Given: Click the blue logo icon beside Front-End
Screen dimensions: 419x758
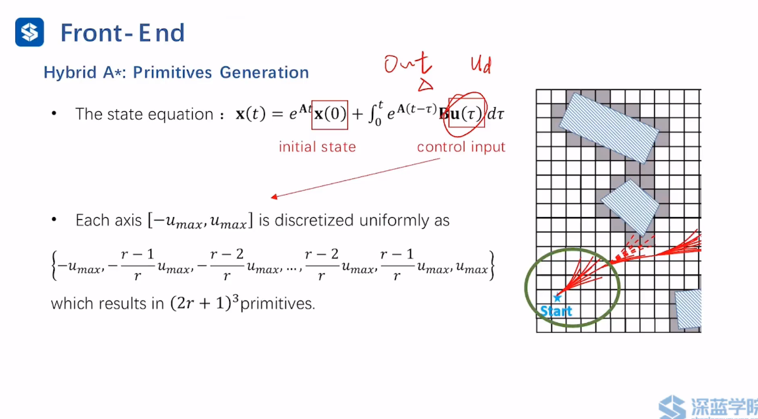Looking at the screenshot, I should point(30,32).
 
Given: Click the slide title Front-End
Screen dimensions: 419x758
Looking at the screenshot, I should point(122,33).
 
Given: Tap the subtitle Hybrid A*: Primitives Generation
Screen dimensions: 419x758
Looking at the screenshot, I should point(176,72).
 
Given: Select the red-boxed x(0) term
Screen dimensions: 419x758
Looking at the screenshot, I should point(329,114).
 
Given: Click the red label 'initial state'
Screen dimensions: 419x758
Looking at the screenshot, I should point(316,147).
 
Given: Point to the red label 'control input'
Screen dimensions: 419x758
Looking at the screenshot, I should point(461,147).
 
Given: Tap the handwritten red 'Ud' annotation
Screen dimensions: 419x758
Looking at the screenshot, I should point(480,65).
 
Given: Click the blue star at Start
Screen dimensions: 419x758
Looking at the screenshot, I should point(557,298).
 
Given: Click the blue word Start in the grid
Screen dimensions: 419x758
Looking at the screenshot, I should point(556,310).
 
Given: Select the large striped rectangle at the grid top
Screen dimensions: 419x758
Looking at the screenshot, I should point(608,128).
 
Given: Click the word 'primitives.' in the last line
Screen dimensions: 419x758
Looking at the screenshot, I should point(278,304).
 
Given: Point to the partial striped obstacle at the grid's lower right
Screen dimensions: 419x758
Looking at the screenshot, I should point(688,309).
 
